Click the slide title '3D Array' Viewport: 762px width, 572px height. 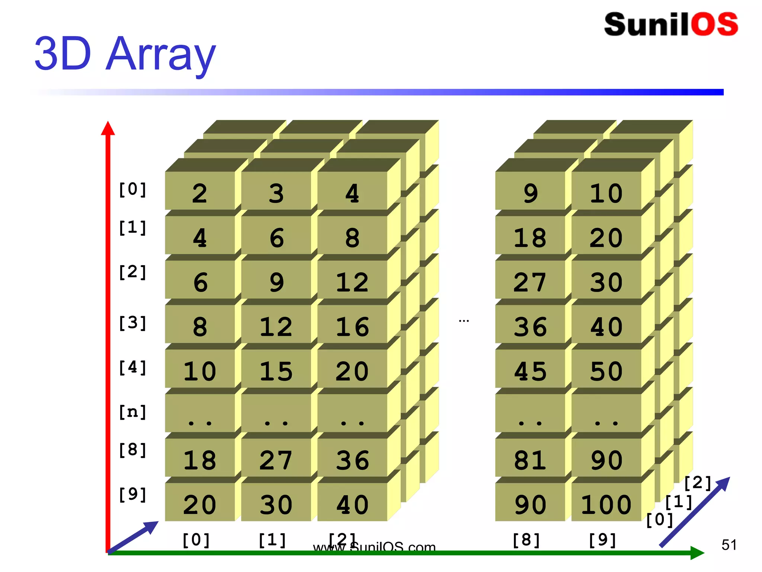point(125,54)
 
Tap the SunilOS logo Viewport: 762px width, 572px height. point(671,25)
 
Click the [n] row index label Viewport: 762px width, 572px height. point(132,412)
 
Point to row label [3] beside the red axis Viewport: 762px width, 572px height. point(132,323)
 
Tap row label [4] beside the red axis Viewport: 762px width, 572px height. point(132,368)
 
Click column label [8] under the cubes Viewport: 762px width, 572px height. point(526,540)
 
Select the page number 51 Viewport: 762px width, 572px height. point(729,545)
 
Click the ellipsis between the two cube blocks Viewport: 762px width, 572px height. point(464,321)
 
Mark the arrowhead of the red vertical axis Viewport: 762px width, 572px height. point(108,128)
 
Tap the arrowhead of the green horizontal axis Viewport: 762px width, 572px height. point(697,553)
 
